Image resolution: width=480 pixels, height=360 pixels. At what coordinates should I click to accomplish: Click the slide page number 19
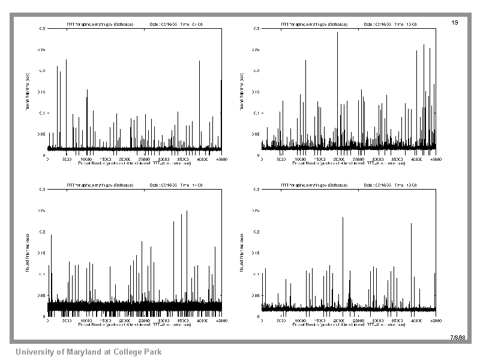pos(454,22)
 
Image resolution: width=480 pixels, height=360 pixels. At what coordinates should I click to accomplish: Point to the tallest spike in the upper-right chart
pos(338,34)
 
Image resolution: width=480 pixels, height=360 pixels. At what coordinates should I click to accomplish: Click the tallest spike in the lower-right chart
pos(343,218)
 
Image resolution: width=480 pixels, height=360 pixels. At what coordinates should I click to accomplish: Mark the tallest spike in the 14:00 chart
pos(187,212)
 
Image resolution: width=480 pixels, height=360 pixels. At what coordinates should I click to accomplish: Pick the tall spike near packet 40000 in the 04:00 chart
pos(200,62)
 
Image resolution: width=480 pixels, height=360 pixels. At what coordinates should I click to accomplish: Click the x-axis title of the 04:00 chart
pos(134,162)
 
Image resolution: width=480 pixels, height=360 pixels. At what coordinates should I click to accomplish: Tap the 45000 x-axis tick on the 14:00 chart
pos(221,322)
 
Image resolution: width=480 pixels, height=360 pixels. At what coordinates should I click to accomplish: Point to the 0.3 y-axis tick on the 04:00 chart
pos(42,28)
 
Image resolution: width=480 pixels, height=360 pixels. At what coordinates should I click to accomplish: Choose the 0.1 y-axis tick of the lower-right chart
pos(257,274)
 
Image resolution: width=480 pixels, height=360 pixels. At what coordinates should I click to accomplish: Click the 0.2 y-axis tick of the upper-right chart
pos(257,71)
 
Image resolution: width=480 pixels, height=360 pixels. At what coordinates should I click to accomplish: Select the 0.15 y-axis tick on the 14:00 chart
pos(42,253)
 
